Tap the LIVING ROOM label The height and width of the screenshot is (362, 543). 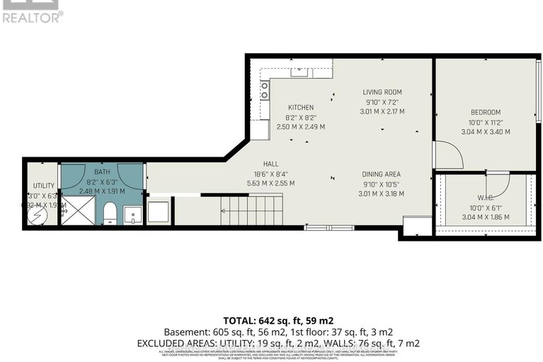(382, 92)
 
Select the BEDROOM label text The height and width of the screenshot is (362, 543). (486, 112)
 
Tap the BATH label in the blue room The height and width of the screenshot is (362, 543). (102, 171)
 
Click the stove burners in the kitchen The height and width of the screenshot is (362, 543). (265, 90)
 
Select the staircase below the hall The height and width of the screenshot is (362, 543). (251, 210)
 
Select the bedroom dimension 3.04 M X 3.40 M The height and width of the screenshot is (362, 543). (486, 132)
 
